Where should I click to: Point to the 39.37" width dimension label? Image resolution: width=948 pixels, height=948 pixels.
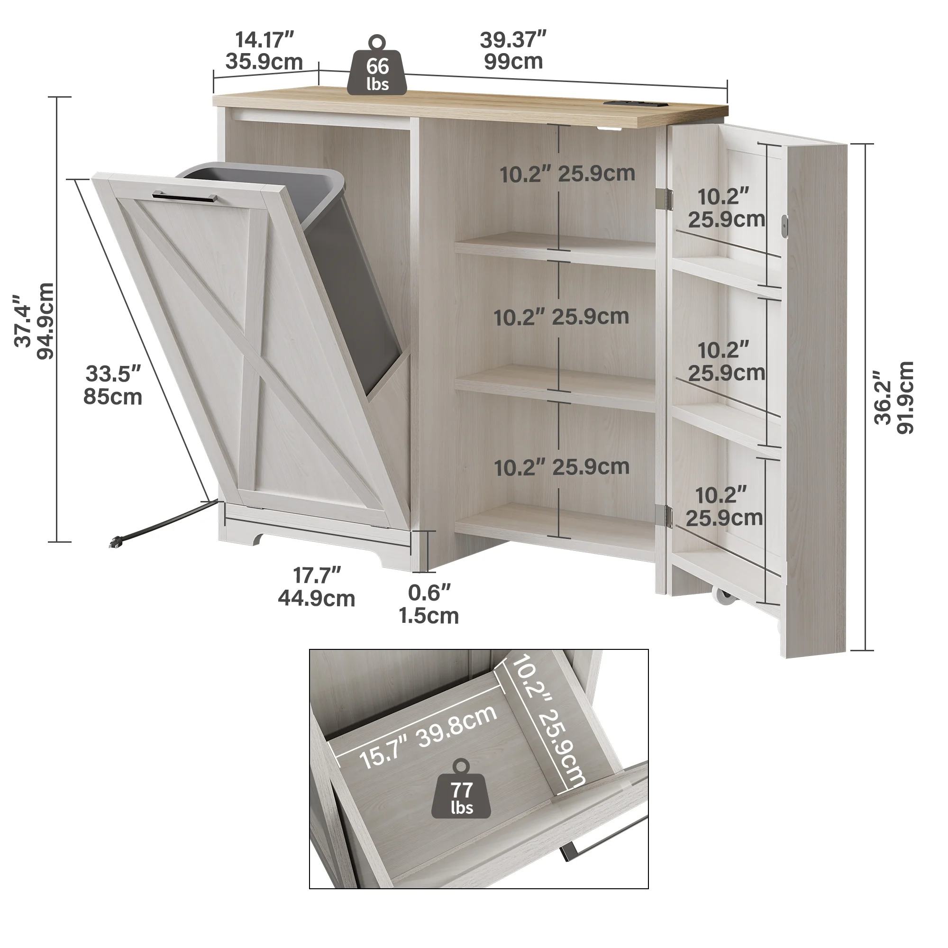(513, 51)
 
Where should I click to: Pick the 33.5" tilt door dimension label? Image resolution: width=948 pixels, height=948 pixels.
(113, 385)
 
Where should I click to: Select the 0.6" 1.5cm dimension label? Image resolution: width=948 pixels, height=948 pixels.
(428, 604)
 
